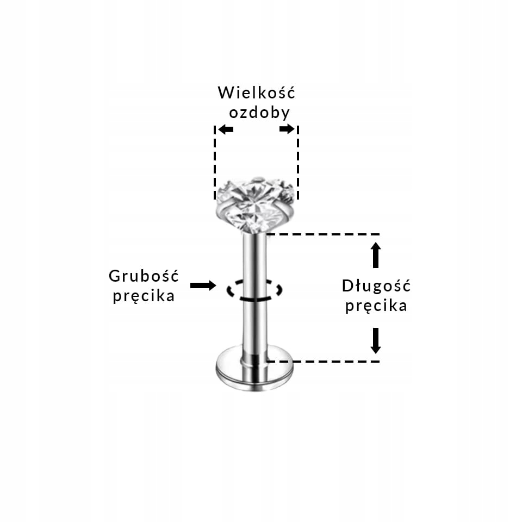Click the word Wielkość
pyautogui.click(x=256, y=92)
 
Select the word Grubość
pyautogui.click(x=144, y=276)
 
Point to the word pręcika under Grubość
pyautogui.click(x=144, y=296)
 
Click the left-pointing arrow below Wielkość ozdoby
pyautogui.click(x=226, y=129)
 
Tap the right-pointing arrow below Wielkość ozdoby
pyautogui.click(x=287, y=129)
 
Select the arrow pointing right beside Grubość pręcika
pyautogui.click(x=203, y=285)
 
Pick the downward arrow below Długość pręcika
pyautogui.click(x=376, y=340)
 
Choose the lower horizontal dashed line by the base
pyautogui.click(x=324, y=361)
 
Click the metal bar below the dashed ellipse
pyautogui.click(x=254, y=326)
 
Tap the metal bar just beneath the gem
pyautogui.click(x=254, y=250)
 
